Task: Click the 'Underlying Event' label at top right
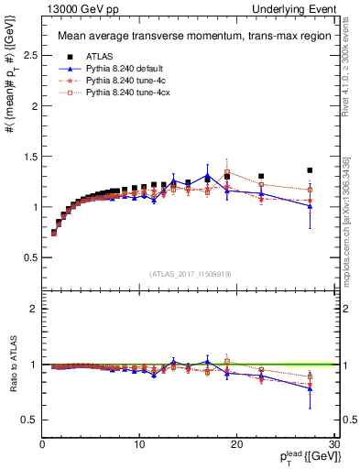pyautogui.click(x=302, y=8)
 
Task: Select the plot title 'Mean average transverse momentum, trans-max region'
pyautogui.click(x=189, y=38)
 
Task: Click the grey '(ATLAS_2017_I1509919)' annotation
pyautogui.click(x=189, y=273)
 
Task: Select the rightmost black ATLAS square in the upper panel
pyautogui.click(x=310, y=170)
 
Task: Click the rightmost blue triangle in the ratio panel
pyautogui.click(x=310, y=389)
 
